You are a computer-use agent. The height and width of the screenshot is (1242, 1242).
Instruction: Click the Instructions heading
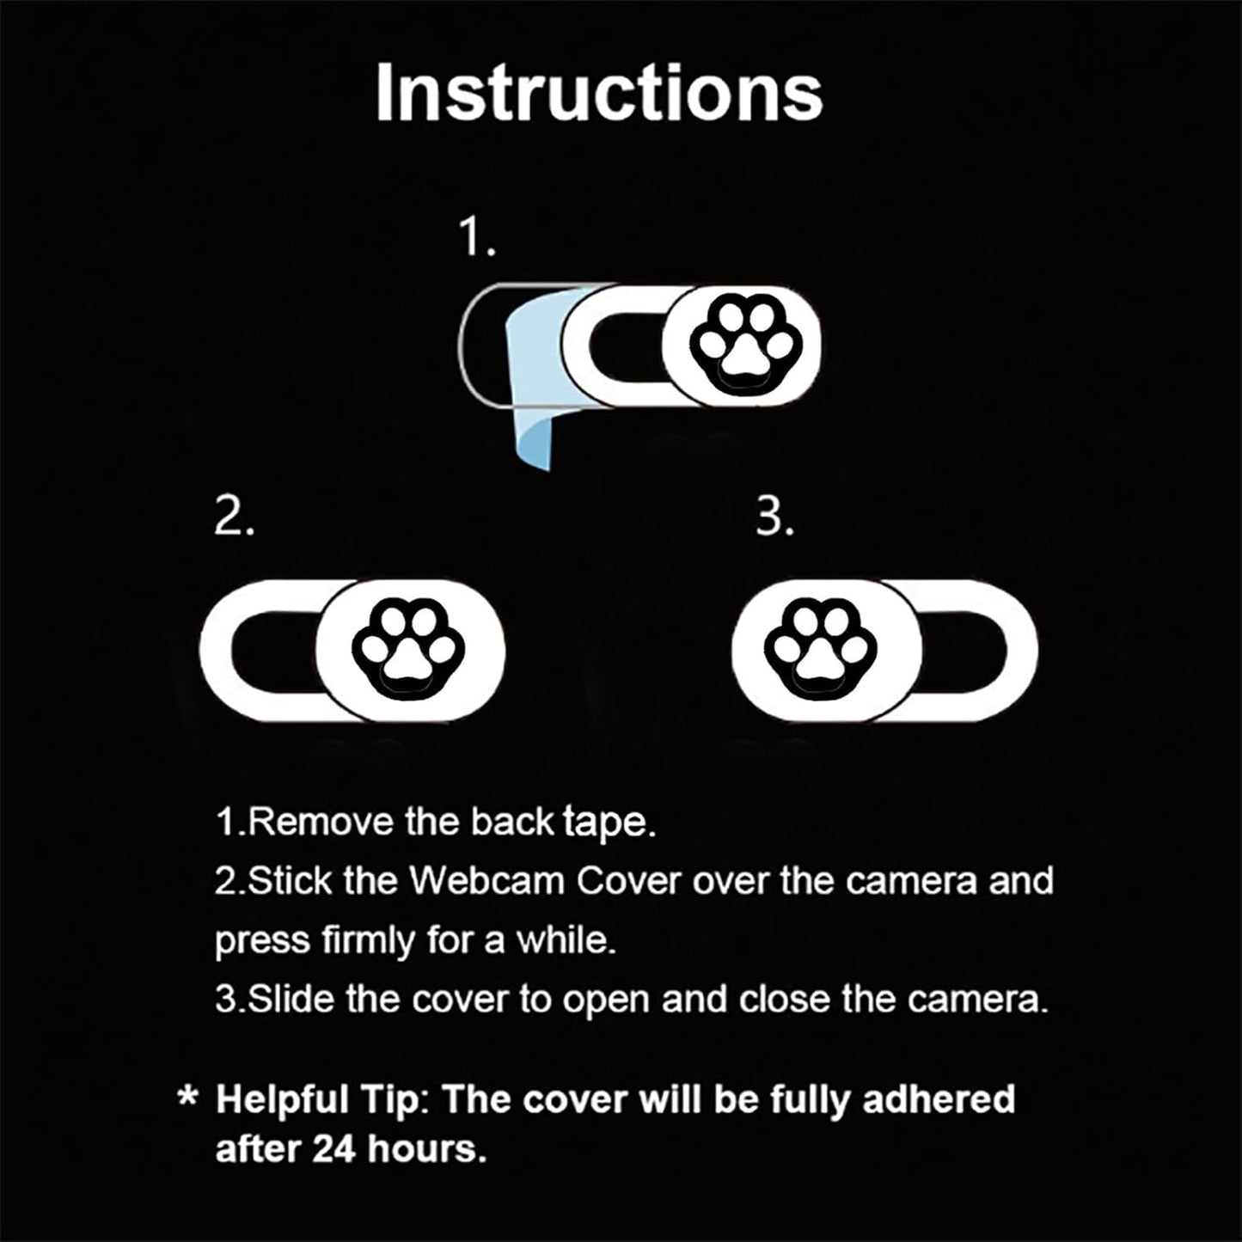click(x=599, y=92)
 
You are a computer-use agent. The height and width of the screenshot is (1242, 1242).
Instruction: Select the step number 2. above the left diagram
click(x=234, y=517)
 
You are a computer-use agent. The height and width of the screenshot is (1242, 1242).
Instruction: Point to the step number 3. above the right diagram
click(x=774, y=517)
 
